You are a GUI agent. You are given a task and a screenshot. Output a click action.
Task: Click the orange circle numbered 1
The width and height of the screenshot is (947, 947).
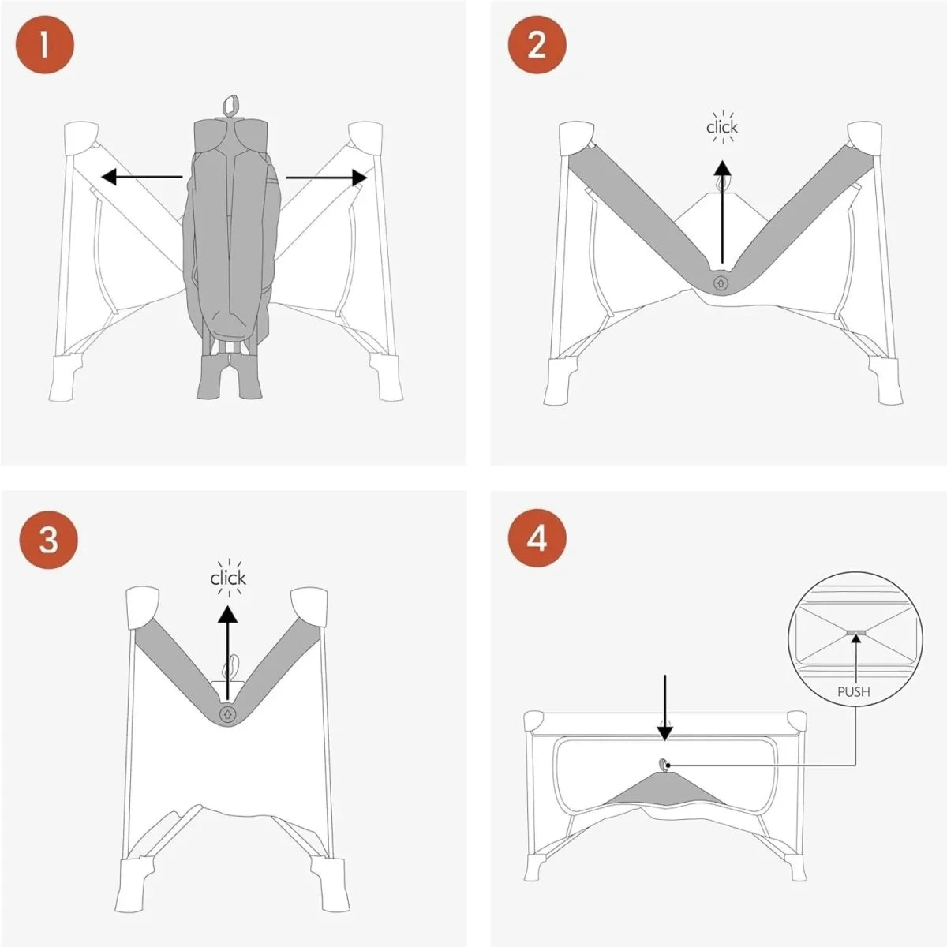click(x=45, y=45)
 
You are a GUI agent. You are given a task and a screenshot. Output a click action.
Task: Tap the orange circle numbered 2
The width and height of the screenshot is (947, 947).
click(x=537, y=45)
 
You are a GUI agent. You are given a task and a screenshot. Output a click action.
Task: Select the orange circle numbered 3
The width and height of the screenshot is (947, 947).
click(x=49, y=540)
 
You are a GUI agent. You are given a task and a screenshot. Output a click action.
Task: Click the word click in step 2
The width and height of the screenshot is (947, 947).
click(x=722, y=127)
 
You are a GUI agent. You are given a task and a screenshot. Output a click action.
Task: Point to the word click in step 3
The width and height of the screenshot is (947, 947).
click(x=228, y=578)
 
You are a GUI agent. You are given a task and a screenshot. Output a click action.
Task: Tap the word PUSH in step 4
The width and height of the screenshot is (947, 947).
click(x=854, y=692)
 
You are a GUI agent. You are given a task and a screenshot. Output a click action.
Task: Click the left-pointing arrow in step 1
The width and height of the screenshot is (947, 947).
click(x=141, y=177)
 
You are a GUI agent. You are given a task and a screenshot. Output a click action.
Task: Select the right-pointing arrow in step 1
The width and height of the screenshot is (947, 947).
click(x=327, y=178)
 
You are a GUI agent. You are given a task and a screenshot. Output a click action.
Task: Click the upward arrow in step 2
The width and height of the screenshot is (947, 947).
click(x=722, y=211)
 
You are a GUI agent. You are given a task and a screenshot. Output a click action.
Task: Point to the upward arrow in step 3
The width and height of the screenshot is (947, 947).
click(x=227, y=652)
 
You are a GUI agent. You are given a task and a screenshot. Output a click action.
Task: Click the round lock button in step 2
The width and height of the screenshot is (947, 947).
click(x=721, y=283)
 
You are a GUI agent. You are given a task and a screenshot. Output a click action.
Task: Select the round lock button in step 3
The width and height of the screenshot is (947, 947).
click(x=227, y=713)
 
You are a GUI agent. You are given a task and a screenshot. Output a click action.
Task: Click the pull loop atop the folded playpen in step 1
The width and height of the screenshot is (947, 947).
click(x=230, y=104)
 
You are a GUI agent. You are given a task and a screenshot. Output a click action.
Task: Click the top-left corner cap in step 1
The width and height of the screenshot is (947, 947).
click(x=81, y=138)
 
